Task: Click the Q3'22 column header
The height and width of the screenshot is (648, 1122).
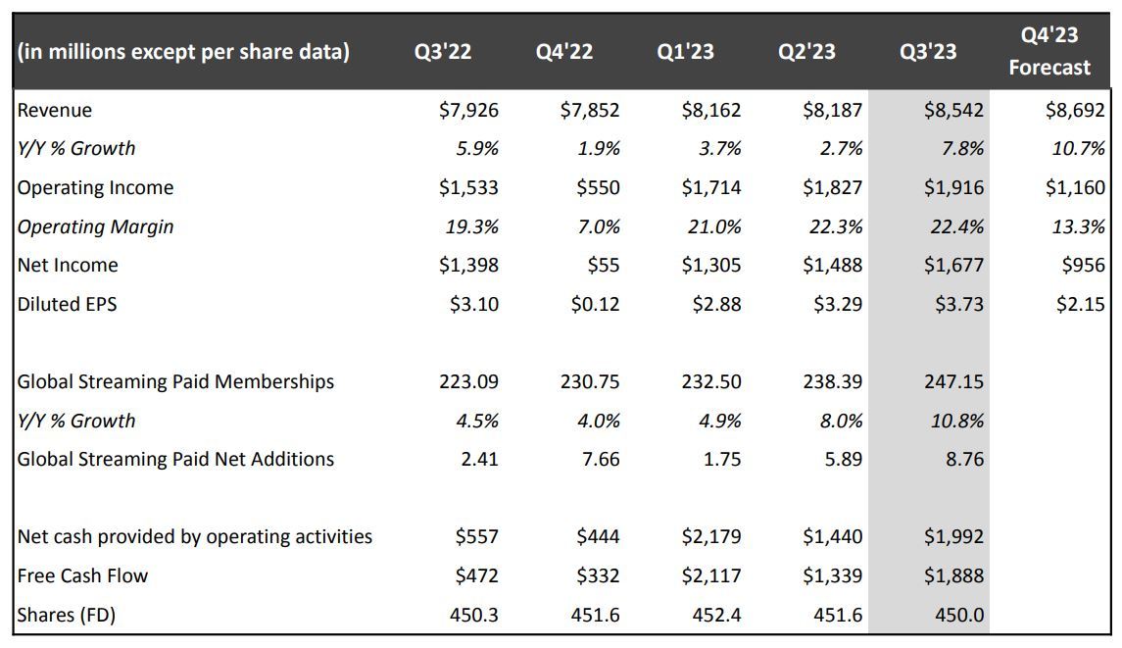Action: point(442,52)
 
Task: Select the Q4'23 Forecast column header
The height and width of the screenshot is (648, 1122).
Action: point(1049,51)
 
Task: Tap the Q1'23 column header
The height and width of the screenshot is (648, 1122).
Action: point(685,52)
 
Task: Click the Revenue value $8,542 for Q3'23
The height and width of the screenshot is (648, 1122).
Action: point(953,110)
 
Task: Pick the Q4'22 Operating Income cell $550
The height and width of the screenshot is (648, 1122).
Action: point(598,187)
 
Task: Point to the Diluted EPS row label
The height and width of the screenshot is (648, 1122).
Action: point(67,304)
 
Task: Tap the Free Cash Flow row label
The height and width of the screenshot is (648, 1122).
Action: point(82,575)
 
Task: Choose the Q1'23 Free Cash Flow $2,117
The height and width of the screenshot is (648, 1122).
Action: point(711,575)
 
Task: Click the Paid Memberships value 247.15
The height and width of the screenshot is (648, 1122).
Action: point(953,381)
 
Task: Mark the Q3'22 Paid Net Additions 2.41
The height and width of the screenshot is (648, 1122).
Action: point(479,459)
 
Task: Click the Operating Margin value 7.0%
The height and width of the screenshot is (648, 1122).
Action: point(599,226)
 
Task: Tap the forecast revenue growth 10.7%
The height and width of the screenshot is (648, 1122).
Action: point(1080,149)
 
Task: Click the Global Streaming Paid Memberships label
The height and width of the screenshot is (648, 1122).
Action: point(175,381)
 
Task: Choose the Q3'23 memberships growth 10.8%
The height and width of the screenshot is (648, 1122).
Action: point(957,421)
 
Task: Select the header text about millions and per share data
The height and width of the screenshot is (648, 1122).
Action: point(183,52)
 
